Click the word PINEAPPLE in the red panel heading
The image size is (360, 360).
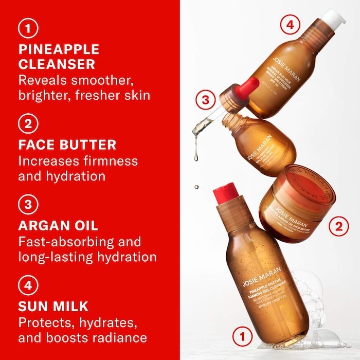[59, 50]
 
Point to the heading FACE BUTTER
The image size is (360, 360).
[67, 144]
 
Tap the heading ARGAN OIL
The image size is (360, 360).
[58, 225]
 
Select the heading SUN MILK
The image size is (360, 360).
[53, 307]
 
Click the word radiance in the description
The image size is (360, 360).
[122, 337]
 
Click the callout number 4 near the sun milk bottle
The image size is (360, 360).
[290, 24]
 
